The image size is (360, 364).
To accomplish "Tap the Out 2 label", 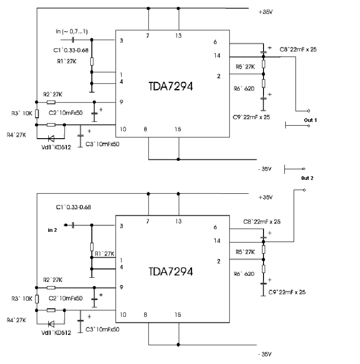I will [307, 178].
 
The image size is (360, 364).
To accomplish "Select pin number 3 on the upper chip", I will [121, 41].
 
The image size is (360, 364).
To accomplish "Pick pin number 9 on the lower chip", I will [121, 287].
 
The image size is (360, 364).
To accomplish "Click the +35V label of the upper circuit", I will [266, 13].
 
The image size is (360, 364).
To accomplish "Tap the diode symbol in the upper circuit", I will [51, 138].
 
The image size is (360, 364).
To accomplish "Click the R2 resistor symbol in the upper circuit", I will [51, 102].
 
